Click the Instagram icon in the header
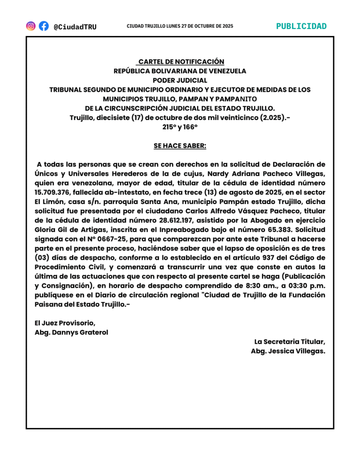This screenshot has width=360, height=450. click(x=31, y=26)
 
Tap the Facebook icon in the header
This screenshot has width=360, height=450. click(x=44, y=26)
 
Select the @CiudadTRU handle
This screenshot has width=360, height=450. click(x=75, y=27)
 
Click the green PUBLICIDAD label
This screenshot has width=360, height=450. click(x=301, y=26)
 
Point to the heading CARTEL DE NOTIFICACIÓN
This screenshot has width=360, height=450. click(x=181, y=62)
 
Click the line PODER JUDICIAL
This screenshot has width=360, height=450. click(x=180, y=80)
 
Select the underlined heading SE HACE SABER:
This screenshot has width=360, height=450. click(x=180, y=145)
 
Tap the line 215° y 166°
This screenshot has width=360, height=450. click(x=180, y=127)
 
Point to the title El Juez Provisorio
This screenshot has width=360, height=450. click(x=65, y=323)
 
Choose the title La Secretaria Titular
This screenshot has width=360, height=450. click(x=290, y=341)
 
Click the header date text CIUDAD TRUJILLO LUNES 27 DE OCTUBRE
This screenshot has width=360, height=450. click(x=180, y=26)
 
